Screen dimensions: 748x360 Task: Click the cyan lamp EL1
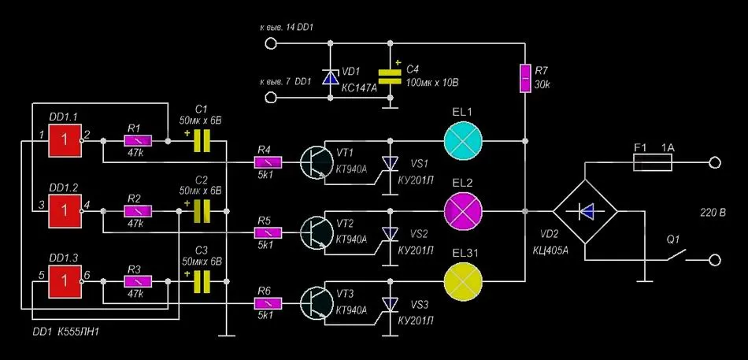click(x=463, y=141)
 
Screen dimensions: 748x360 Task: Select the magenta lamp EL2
click(x=463, y=210)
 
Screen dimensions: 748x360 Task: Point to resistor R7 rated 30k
click(x=524, y=77)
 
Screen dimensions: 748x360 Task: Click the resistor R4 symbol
click(x=268, y=163)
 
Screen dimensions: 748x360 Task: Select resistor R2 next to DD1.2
click(x=138, y=210)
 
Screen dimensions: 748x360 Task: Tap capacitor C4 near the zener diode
click(x=391, y=76)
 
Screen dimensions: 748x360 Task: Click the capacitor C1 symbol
click(x=202, y=141)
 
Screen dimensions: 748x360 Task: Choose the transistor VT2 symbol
click(x=316, y=232)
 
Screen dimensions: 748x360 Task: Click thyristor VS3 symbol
click(x=391, y=303)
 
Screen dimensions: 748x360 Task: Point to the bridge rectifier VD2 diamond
click(x=585, y=210)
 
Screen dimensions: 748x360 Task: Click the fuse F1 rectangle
click(x=653, y=163)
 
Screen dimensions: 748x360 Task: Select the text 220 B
click(x=713, y=213)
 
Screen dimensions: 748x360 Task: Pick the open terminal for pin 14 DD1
click(x=270, y=44)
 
